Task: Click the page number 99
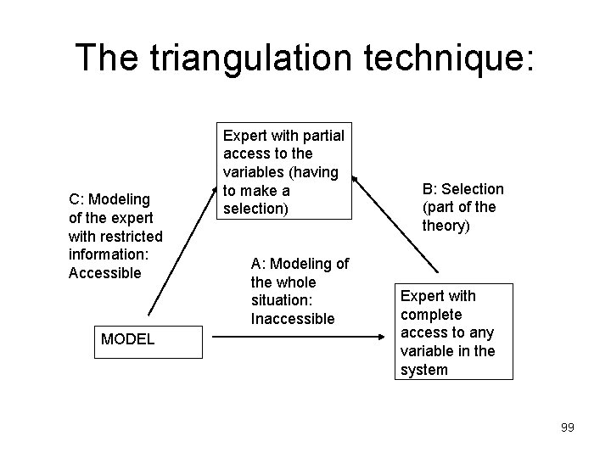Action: pyautogui.click(x=567, y=427)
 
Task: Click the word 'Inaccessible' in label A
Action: pyautogui.click(x=293, y=319)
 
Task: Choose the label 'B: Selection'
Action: pyautogui.click(x=462, y=189)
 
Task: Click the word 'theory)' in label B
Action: pyautogui.click(x=445, y=226)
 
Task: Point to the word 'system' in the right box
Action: pyautogui.click(x=424, y=370)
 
